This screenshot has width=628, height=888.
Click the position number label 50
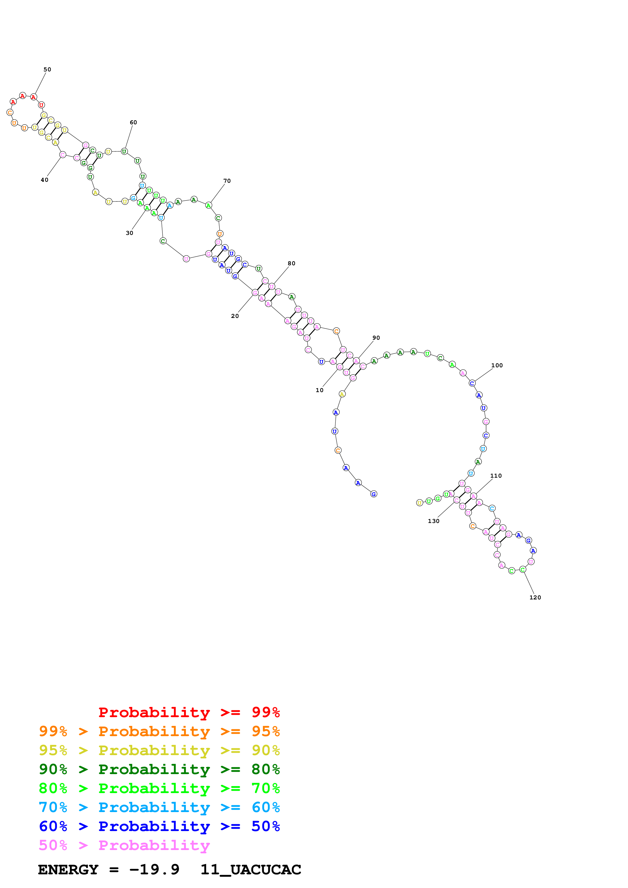point(47,70)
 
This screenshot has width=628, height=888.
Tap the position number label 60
point(133,123)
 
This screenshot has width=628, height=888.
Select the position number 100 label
point(497,366)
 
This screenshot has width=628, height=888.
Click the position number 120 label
point(535,598)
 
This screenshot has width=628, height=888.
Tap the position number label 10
point(319,390)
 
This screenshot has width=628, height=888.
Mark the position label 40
point(45,180)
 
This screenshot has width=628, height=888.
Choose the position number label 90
point(376,338)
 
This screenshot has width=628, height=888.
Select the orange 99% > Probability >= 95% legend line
point(159,731)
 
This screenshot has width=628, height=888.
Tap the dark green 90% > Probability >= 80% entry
point(159,769)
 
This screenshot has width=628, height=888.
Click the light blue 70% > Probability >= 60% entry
point(159,807)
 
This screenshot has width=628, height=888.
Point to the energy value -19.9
point(154,870)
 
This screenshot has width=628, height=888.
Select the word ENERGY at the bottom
point(68,870)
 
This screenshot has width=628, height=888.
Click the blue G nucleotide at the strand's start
point(373,494)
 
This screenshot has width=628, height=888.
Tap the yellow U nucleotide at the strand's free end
point(420,503)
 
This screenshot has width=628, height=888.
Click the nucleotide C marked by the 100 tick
point(472,383)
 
